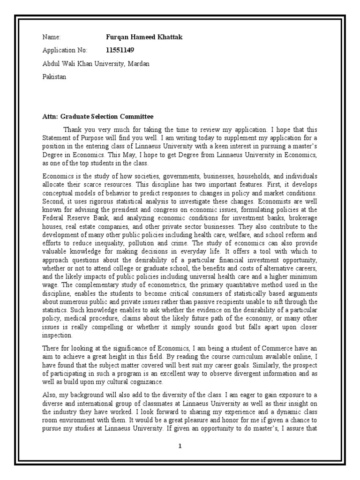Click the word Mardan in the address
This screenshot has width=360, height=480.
coord(138,63)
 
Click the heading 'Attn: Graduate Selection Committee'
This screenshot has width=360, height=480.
coord(97,116)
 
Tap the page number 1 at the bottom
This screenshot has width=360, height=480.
coord(180,446)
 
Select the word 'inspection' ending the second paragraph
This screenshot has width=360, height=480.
coord(58,336)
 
